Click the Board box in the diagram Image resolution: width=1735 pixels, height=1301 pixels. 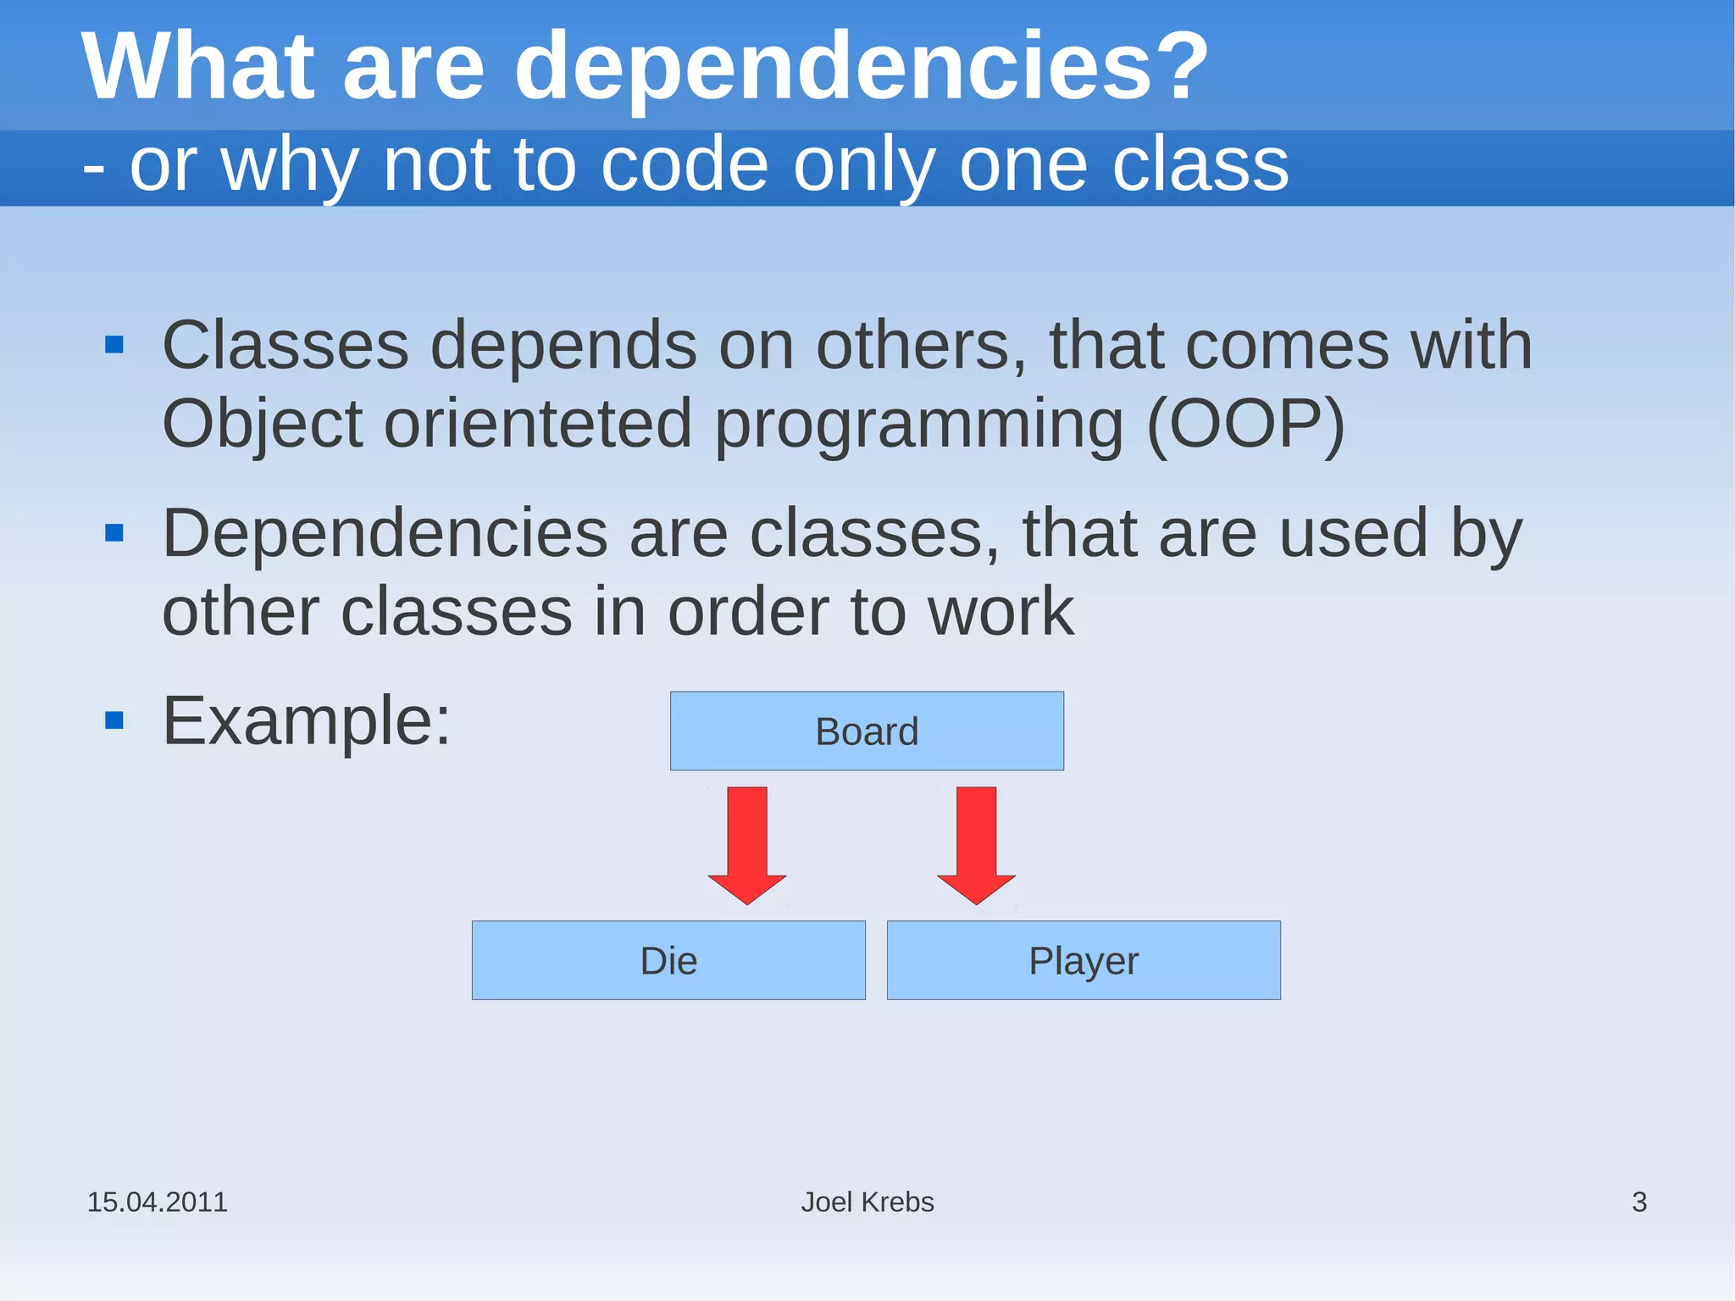pos(867,731)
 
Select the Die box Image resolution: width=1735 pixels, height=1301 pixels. pos(668,960)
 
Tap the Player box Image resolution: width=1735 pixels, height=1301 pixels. pos(1084,960)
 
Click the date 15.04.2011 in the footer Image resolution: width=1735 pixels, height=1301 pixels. pos(158,1202)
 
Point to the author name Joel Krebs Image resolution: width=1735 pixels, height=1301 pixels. pos(867,1202)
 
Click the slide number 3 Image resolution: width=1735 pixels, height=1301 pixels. pos(1639,1202)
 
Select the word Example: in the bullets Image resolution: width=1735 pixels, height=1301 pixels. pos(307,721)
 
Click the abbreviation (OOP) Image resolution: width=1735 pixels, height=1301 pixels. pos(1245,423)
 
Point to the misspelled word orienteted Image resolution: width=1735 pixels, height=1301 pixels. pos(538,423)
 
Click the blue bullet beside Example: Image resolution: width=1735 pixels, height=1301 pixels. pos(114,720)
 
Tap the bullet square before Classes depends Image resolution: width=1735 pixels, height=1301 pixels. pos(114,345)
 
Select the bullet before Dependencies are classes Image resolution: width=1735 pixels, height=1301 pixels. pos(114,533)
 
